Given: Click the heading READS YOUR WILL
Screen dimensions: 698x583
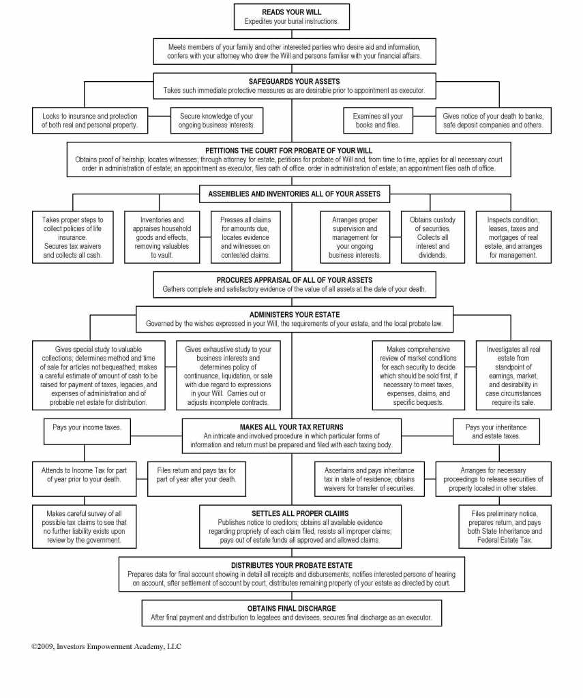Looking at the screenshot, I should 291,12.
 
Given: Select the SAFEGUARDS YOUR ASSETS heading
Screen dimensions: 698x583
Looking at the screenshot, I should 291,81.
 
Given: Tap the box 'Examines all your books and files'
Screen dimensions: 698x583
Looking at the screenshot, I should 378,121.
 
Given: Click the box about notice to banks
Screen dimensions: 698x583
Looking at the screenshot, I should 493,121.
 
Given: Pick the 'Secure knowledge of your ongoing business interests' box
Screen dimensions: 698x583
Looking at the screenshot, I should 216,121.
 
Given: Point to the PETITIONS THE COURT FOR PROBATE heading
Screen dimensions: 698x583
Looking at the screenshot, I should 288,150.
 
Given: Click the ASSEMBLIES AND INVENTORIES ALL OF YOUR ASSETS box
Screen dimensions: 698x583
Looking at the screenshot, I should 295,194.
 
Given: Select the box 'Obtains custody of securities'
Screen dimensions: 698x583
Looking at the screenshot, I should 433,237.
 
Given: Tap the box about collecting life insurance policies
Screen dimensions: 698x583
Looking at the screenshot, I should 73,237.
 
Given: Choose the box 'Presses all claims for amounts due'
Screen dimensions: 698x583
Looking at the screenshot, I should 245,237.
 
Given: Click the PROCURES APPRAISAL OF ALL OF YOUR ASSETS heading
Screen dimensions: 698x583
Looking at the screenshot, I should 294,279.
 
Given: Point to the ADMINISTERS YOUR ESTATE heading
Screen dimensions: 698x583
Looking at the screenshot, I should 294,314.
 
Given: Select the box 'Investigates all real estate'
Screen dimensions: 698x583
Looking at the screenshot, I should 513,376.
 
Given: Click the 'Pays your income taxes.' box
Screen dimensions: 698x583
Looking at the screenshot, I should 87,427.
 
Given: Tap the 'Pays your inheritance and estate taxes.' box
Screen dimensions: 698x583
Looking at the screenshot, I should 496,431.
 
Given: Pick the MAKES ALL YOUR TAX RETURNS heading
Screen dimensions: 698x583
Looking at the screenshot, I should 291,427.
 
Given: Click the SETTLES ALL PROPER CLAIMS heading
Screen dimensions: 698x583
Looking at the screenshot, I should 300,513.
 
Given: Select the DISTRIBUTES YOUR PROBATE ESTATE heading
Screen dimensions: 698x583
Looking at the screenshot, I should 291,565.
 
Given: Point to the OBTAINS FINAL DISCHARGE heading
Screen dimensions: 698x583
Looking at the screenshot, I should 291,608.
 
